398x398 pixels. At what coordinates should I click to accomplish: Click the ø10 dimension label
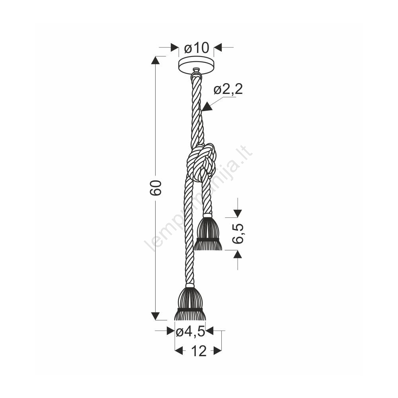pyautogui.click(x=197, y=47)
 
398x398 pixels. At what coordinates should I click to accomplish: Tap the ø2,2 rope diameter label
pyautogui.click(x=228, y=89)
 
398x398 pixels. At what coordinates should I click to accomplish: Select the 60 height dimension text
pyautogui.click(x=156, y=188)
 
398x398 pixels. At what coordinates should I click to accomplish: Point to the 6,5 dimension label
pyautogui.click(x=238, y=234)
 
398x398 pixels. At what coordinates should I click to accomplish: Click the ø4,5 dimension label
pyautogui.click(x=190, y=331)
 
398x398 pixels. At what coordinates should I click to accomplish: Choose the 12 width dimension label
pyautogui.click(x=199, y=351)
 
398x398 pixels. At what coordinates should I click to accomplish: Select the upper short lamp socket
pyautogui.click(x=208, y=232)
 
